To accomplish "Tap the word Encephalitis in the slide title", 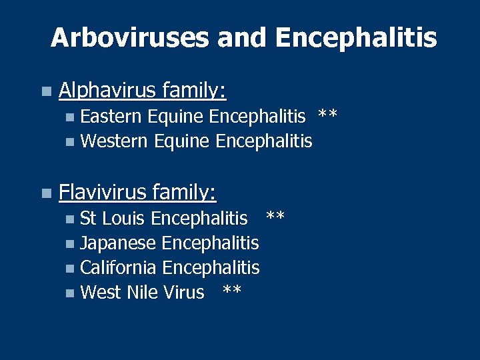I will coord(355,38).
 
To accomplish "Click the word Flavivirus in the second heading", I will coord(103,193).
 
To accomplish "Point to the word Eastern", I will coord(111,117).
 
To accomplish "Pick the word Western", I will coord(114,141).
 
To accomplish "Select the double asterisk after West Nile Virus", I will coord(231,291).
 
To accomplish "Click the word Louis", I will coord(125,218).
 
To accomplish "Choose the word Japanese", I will coord(118,243).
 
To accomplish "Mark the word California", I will coord(118,267).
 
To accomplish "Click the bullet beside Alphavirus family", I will coord(45,91).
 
